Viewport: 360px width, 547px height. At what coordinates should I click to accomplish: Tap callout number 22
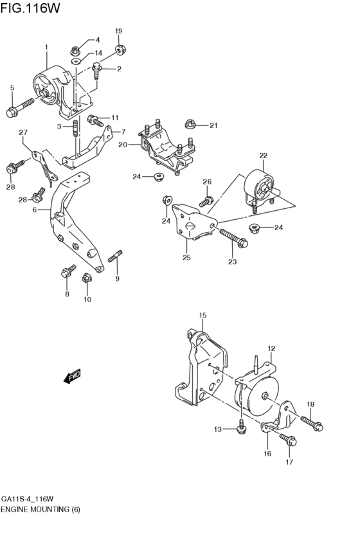[x=263, y=156]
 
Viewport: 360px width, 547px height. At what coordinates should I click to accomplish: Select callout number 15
[x=203, y=316]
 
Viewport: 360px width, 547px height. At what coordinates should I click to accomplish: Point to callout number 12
[x=271, y=348]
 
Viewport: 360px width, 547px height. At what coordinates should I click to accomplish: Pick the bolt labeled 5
[x=19, y=107]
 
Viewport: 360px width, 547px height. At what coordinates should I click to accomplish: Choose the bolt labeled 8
[x=66, y=272]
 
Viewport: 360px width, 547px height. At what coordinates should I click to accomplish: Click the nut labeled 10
[x=87, y=278]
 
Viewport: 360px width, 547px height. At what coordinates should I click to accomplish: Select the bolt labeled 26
[x=206, y=201]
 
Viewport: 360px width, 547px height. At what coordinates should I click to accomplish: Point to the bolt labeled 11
[x=95, y=120]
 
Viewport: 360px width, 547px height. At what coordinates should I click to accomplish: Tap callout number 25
[x=187, y=258]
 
